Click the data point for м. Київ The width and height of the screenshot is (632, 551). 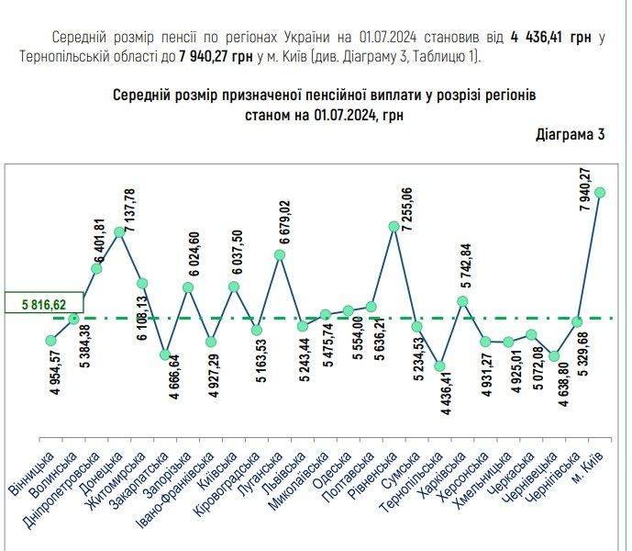pyautogui.click(x=600, y=192)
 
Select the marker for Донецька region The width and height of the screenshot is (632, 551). pyautogui.click(x=119, y=231)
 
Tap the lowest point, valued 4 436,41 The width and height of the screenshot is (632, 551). pyautogui.click(x=439, y=366)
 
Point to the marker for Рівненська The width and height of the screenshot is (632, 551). pyautogui.click(x=394, y=226)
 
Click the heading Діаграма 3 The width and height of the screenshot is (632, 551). pyautogui.click(x=571, y=135)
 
